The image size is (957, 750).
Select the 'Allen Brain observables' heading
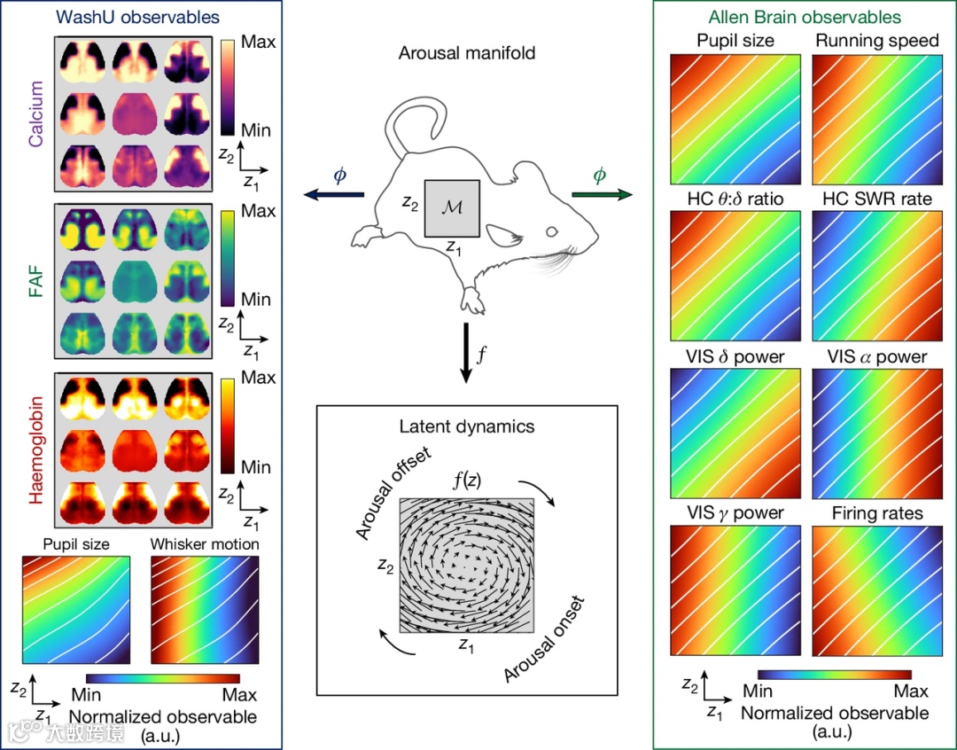[x=805, y=17]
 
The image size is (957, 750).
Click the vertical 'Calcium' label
[x=35, y=113]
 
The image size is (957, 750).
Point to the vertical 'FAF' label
[x=35, y=281]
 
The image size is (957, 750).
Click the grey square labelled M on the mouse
[x=453, y=208]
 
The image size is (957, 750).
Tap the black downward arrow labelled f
[x=466, y=353]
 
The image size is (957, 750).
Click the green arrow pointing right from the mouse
[x=601, y=193]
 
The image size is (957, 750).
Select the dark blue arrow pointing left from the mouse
[x=332, y=193]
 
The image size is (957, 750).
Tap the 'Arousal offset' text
[x=393, y=495]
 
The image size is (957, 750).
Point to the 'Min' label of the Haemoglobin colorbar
[x=258, y=466]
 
